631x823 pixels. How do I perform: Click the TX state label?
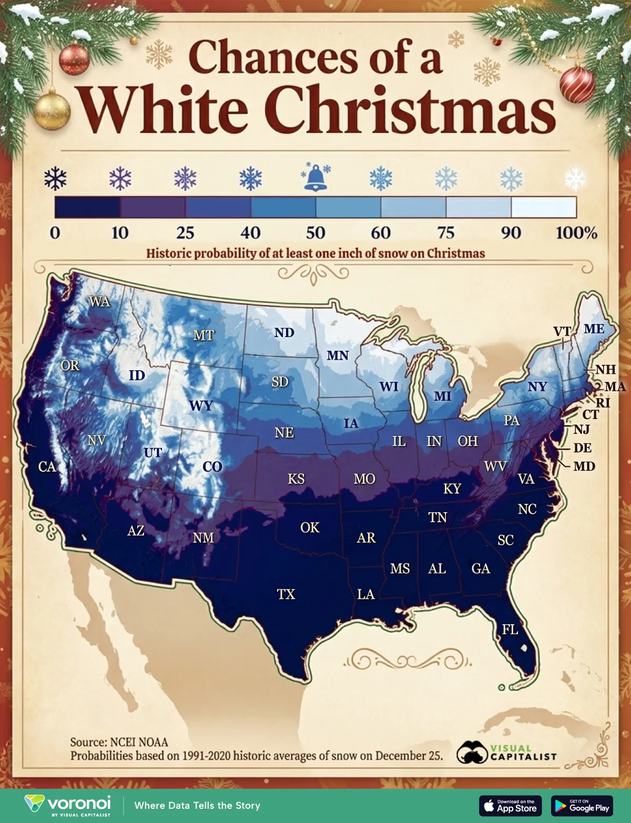[x=286, y=594]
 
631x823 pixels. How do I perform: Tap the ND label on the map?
[x=284, y=332]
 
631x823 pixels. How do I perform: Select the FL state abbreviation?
[x=510, y=629]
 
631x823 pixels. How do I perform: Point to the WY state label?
[x=201, y=405]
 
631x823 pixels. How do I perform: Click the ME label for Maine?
[x=594, y=329]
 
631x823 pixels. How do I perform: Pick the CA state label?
[x=47, y=466]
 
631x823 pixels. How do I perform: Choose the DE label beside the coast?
[x=582, y=448]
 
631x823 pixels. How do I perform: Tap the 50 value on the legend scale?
[x=315, y=232]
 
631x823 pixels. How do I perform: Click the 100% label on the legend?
[x=576, y=232]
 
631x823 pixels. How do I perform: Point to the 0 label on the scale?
[x=55, y=232]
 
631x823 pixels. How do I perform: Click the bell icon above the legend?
[x=315, y=177]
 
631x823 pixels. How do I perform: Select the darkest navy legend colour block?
[x=87, y=207]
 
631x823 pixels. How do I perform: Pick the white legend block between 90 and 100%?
[x=544, y=207]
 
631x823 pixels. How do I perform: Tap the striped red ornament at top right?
[x=577, y=84]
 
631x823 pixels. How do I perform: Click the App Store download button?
[x=510, y=806]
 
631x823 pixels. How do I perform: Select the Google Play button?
[x=582, y=806]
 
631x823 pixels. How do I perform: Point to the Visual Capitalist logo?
[x=506, y=752]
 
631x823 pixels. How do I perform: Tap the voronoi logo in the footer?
[x=68, y=805]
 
